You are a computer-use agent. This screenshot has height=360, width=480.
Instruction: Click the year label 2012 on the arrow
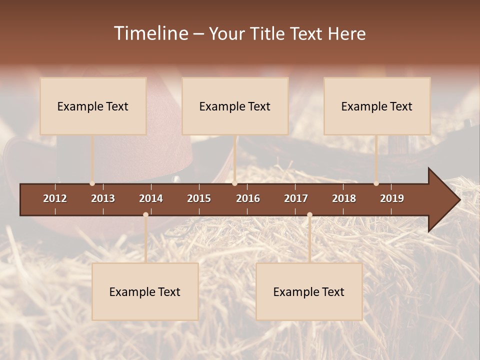click(x=55, y=198)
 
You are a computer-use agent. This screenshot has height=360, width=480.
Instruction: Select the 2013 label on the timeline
click(x=103, y=198)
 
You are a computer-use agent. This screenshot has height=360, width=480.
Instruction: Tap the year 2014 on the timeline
click(x=151, y=198)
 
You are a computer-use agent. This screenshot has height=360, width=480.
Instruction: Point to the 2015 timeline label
click(x=199, y=198)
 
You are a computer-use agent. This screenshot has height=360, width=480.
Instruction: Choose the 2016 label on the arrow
click(x=248, y=198)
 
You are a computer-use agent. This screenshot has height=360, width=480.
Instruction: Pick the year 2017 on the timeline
click(x=296, y=198)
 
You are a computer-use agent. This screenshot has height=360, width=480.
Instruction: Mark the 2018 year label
click(x=344, y=198)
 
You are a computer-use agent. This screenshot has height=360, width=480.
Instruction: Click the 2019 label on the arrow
click(x=392, y=198)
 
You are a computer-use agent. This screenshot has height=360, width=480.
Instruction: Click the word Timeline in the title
click(x=150, y=33)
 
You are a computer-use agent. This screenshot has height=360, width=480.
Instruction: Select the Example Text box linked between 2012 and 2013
click(x=93, y=106)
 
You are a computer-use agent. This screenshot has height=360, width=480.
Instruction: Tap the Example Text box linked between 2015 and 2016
click(x=235, y=106)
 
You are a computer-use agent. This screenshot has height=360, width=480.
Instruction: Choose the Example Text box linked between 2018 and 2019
click(x=377, y=106)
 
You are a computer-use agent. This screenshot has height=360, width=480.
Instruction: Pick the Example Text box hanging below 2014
click(x=145, y=291)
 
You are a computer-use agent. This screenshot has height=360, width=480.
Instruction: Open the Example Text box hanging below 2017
click(x=309, y=291)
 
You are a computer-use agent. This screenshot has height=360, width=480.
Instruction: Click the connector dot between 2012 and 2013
click(x=92, y=183)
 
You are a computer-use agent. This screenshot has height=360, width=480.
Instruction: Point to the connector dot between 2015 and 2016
click(x=235, y=183)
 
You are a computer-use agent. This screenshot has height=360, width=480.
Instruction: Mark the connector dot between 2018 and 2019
click(x=376, y=183)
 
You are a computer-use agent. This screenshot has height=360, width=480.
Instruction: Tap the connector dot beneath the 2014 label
click(x=145, y=215)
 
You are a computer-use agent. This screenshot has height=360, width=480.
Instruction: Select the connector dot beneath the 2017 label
click(x=309, y=215)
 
